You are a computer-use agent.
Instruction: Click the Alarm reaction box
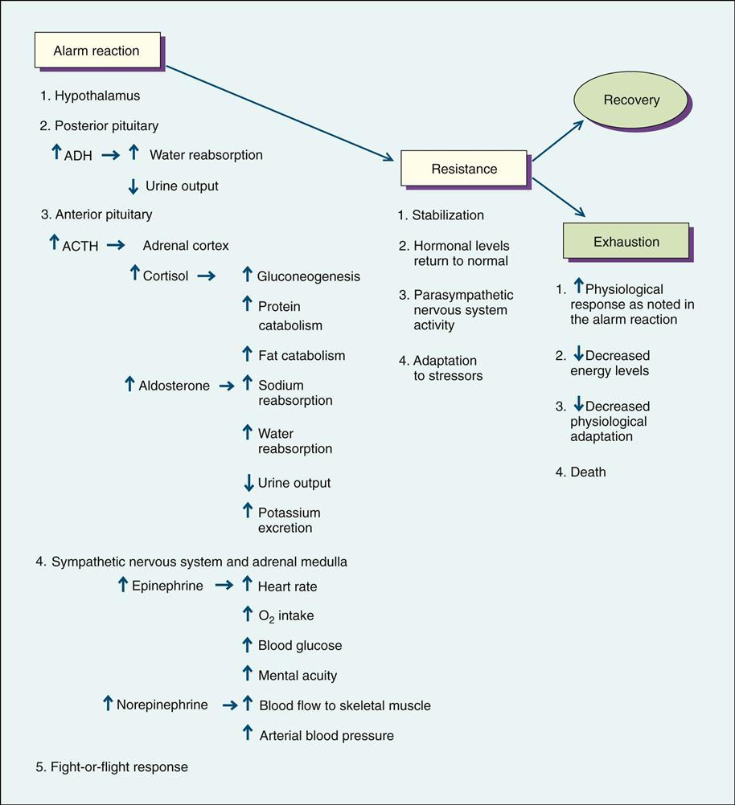coord(96,51)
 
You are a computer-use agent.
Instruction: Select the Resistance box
coord(464,169)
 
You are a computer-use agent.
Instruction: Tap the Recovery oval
coord(631,100)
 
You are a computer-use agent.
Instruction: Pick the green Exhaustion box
coord(626,241)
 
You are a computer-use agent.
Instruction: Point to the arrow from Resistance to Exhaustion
coord(558,198)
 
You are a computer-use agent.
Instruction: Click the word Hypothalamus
coord(96,96)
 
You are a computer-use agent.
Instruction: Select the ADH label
coord(77,156)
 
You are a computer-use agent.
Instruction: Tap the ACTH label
coord(80,247)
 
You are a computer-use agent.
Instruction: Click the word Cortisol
coord(166,276)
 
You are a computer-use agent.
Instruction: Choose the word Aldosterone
coord(174,386)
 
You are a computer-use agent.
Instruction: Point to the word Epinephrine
coord(167,586)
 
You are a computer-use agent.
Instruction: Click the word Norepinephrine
coord(162,705)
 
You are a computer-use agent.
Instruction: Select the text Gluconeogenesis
coord(309,276)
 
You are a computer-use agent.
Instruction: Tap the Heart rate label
coord(287,586)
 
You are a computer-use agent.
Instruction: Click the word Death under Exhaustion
coord(588,472)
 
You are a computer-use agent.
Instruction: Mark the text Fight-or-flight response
coord(119,767)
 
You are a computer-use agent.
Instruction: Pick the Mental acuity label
coord(298,676)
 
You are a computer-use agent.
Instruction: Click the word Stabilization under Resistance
coord(448,215)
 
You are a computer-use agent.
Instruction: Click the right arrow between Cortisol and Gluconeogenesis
coord(206,276)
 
